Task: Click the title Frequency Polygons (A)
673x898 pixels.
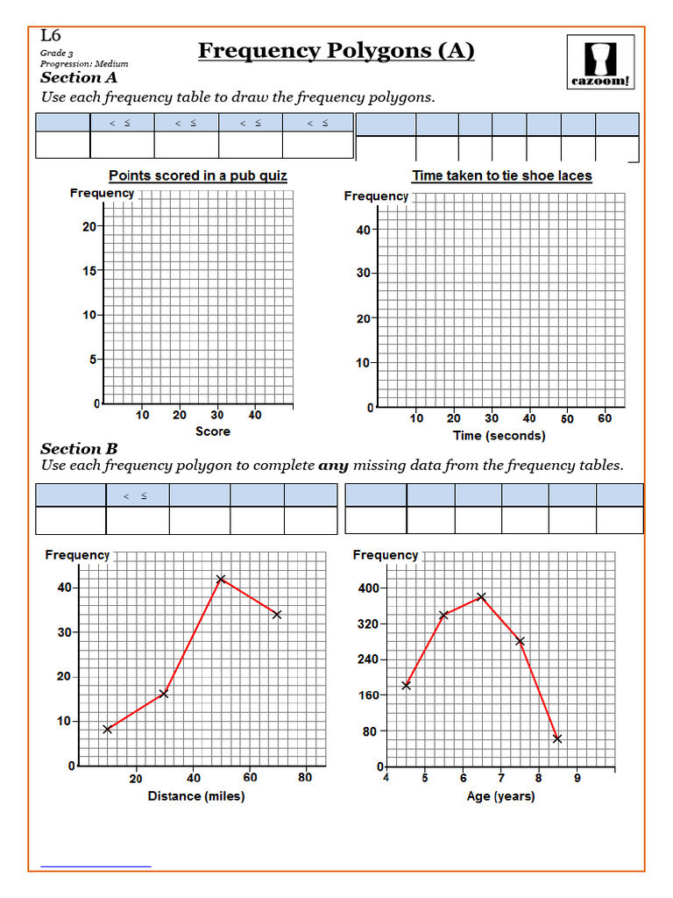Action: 336,51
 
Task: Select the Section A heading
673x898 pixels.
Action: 79,78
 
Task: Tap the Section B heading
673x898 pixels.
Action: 79,448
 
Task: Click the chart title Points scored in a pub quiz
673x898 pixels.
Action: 198,175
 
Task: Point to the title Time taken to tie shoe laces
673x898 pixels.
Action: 502,175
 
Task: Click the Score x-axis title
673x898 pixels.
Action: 213,431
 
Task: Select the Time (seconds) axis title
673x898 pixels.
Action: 499,436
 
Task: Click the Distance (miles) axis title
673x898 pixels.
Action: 196,796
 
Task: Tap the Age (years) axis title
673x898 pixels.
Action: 501,796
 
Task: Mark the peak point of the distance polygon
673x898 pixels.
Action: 221,579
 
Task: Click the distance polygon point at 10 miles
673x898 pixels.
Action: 107,729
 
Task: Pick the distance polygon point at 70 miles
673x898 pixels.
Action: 277,614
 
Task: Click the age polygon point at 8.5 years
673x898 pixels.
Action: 557,738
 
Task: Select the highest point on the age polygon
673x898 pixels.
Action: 480,596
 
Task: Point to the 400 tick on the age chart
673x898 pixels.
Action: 366,588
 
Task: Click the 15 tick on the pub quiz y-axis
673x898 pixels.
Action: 89,271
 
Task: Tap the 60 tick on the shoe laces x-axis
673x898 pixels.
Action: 605,418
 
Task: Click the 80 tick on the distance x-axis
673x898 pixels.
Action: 305,778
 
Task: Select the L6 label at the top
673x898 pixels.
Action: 51,37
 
